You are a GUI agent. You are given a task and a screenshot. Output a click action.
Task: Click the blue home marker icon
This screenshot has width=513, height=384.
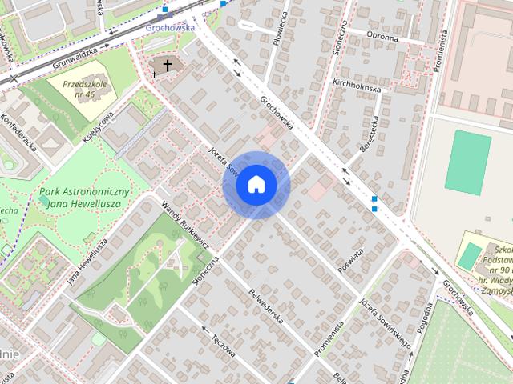coord(256,185)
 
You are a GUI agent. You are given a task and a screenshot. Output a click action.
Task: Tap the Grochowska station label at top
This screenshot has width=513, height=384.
coord(171,26)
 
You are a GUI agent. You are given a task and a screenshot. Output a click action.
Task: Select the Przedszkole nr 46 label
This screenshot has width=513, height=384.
coord(83,89)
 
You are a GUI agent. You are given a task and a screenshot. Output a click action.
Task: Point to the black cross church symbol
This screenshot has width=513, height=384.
coord(168,65)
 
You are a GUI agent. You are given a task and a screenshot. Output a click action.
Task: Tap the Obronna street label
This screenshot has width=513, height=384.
coord(382,37)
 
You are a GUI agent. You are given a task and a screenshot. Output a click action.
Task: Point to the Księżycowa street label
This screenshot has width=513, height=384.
coord(98,127)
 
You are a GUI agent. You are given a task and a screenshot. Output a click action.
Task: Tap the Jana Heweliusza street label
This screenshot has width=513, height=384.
coord(87,261)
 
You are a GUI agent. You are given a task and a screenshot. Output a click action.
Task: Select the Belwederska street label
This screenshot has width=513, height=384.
coord(265,306)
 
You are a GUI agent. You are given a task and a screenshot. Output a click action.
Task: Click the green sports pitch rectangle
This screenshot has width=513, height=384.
coord(468,162)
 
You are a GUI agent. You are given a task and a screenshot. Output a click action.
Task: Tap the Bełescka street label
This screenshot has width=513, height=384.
coord(369,133)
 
